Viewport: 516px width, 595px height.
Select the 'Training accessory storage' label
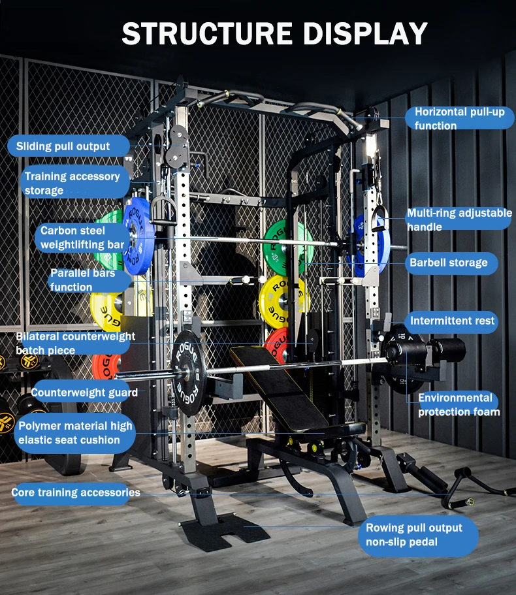tap(72, 184)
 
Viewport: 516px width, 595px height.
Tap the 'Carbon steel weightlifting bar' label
tap(82, 238)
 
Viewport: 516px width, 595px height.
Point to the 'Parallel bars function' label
tap(82, 280)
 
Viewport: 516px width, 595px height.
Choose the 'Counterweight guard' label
tap(84, 393)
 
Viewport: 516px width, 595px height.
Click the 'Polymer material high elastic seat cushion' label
tap(75, 433)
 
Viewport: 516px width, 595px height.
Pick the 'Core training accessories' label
tap(76, 492)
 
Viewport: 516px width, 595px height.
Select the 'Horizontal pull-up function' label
tap(459, 119)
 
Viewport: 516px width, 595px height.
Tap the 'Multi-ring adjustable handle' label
tap(459, 220)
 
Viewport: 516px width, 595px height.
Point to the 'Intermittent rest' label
tap(451, 321)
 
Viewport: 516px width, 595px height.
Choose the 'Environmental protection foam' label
tap(458, 404)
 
